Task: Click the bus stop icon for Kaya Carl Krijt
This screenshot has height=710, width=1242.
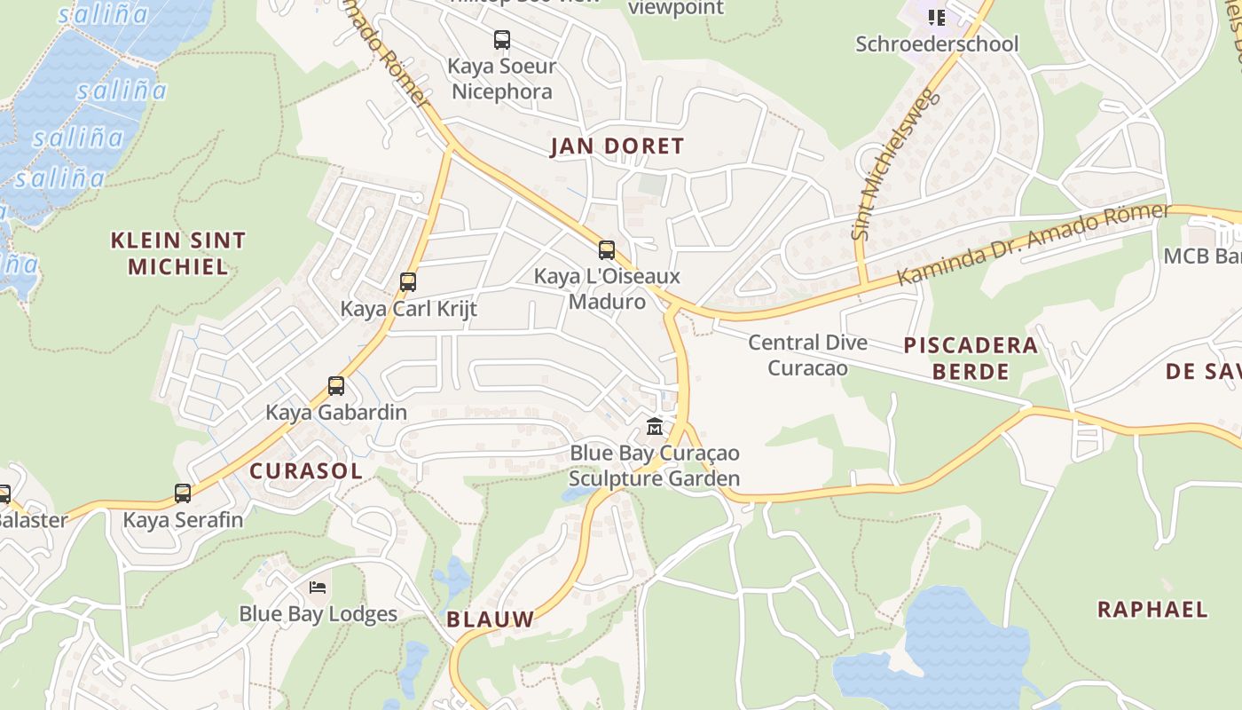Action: coord(408,282)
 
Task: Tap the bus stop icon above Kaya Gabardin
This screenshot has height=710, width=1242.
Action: coord(336,386)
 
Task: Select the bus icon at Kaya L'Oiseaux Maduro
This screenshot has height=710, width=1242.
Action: coord(607,250)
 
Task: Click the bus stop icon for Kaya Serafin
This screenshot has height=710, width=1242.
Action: coord(183,493)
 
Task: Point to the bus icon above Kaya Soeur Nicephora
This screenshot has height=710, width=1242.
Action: coord(502,40)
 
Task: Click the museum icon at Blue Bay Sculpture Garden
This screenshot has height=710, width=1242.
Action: coord(655,427)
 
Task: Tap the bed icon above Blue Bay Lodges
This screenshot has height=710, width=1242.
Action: coord(318,587)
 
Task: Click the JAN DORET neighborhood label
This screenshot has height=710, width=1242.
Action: coord(617,146)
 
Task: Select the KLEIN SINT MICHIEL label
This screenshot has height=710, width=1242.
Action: coord(178,253)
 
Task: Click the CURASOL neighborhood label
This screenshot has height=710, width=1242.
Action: coord(306,471)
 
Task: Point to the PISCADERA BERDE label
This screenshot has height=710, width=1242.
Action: coord(971,358)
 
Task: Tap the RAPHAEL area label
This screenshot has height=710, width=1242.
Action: coord(1152,610)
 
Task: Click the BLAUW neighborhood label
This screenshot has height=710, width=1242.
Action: coord(491,619)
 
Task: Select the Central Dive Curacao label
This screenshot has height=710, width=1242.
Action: coord(807,355)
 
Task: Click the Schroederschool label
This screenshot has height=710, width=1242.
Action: coord(937,43)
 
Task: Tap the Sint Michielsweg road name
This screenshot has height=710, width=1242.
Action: coord(893,164)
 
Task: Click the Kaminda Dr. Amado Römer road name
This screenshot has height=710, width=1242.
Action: coord(1034,245)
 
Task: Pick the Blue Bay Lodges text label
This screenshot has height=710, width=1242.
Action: coord(318,614)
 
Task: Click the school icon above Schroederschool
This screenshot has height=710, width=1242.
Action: coord(937,17)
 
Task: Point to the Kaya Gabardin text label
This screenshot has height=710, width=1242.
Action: coord(336,413)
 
